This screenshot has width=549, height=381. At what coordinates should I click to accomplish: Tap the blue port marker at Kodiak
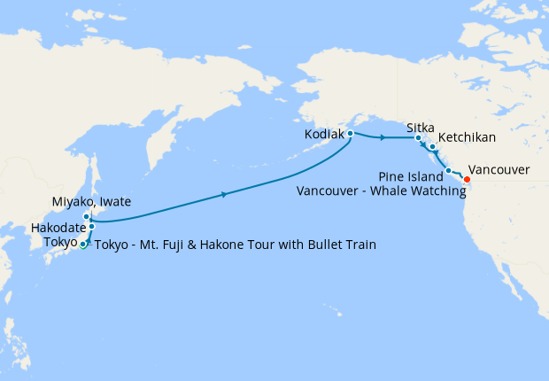[351, 134]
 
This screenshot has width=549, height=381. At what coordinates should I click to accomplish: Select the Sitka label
[420, 128]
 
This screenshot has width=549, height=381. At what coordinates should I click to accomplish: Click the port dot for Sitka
[419, 138]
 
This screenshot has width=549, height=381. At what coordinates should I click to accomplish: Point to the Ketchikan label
[467, 138]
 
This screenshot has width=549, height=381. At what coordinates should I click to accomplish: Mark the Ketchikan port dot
[432, 146]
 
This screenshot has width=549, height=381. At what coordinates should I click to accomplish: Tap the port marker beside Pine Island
[448, 170]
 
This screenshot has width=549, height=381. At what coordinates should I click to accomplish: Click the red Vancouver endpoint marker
[468, 181]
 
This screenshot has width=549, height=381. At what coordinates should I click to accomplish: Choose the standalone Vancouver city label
[499, 169]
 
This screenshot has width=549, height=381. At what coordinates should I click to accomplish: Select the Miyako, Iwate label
[91, 202]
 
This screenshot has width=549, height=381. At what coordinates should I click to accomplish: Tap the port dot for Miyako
[87, 216]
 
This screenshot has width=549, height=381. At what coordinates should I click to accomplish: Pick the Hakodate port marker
[91, 227]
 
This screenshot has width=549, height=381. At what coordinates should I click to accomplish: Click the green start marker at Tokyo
[83, 245]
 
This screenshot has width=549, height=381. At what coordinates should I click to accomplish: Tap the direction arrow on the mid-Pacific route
[226, 194]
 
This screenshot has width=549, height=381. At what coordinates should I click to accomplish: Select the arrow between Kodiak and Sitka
[382, 138]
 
